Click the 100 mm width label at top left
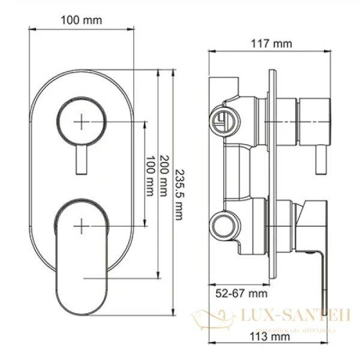(x=81, y=20)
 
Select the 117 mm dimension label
(x=271, y=44)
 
